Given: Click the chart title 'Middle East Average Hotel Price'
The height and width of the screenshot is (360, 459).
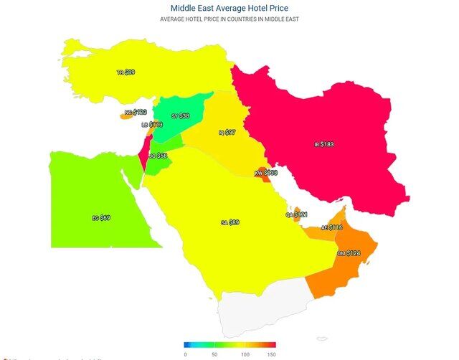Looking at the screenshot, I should pos(229,8).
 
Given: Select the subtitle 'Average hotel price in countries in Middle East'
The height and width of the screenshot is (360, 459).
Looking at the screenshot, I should pos(229,19).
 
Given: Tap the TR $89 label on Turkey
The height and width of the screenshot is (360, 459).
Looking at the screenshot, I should pos(126,72).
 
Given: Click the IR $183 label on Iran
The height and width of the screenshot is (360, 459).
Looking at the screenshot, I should pos(324,145).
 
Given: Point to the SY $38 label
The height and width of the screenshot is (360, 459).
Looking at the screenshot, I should pos(180,116).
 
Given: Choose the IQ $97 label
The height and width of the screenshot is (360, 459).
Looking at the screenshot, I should pos(227,133).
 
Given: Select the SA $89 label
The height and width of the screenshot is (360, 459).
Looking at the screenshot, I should pos(229,223).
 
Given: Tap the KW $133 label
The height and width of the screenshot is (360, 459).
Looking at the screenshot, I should pos(265,173).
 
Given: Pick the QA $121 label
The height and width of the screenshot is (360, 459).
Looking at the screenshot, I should pos(296,214).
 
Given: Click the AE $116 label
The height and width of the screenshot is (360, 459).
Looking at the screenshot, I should pos(331,227).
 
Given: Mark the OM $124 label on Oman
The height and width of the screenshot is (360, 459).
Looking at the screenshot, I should pos(348,253).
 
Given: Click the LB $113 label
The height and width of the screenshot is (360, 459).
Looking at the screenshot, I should pos(152,125).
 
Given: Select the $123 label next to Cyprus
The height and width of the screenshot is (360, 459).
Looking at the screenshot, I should pos(136,113).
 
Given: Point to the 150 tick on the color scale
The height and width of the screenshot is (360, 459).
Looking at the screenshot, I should pos(271,354).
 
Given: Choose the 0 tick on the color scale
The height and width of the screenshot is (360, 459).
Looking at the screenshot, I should pos(185,354).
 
